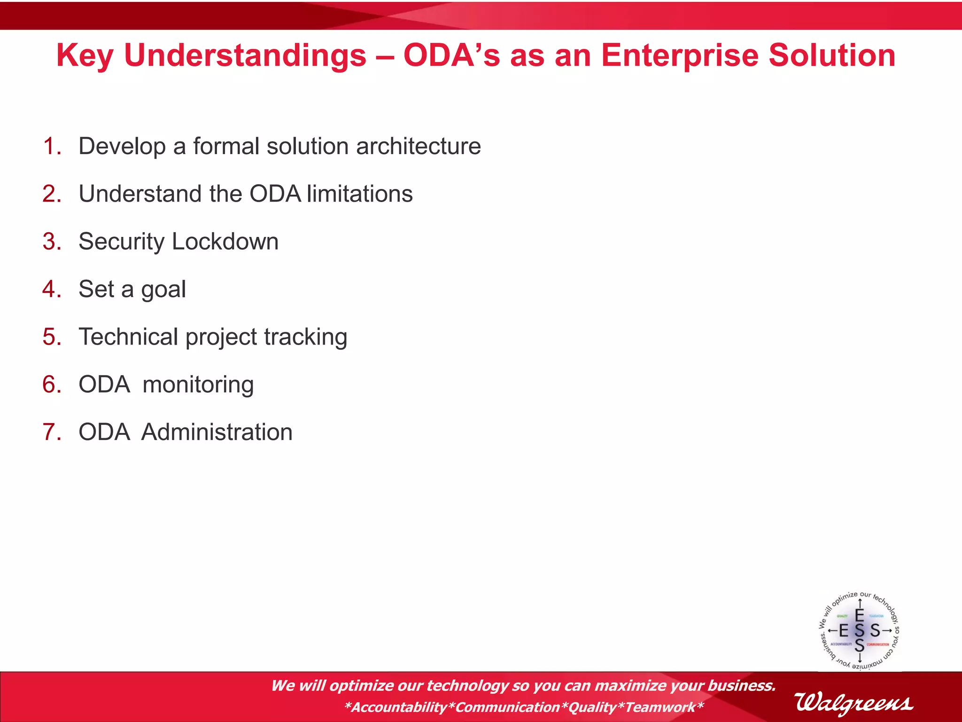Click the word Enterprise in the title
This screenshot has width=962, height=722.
click(x=680, y=55)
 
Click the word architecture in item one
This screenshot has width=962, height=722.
click(x=418, y=146)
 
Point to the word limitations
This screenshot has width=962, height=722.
click(x=360, y=194)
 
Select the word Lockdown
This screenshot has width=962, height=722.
click(x=225, y=242)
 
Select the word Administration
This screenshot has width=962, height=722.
click(x=217, y=432)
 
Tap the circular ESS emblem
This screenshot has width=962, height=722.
click(x=859, y=630)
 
